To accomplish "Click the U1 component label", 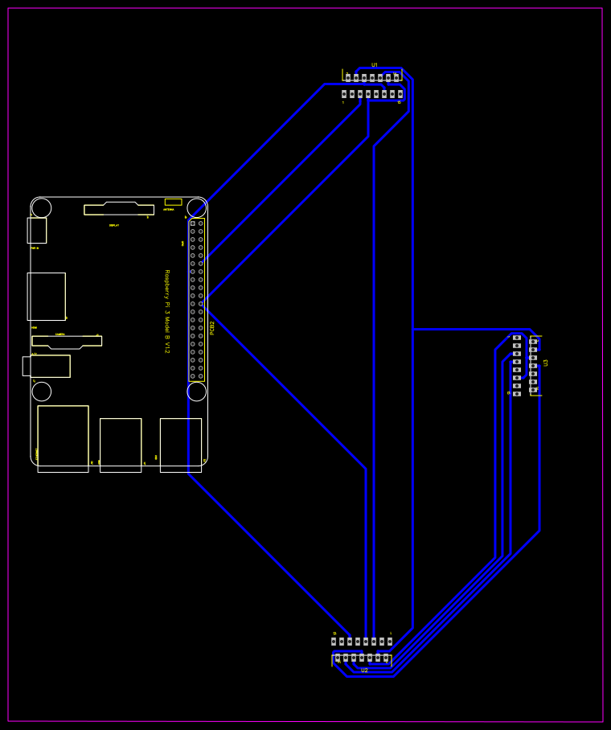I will [375, 65].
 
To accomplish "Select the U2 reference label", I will [364, 671].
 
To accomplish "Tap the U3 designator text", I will [546, 363].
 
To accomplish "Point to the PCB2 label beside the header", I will [212, 327].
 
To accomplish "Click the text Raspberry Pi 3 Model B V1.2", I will [167, 311].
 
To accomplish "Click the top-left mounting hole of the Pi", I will [42, 207].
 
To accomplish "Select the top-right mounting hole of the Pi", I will [197, 207].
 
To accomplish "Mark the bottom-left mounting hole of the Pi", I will [42, 392].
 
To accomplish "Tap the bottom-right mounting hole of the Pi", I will [197, 392].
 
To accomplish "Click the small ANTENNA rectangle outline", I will [173, 202].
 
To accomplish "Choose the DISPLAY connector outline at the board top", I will [119, 209].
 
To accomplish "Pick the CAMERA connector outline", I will [67, 342].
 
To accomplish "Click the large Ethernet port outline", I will [63, 438].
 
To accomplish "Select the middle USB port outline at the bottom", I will [121, 445].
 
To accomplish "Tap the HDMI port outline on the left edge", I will [46, 296].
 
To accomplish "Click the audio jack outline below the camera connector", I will [47, 366].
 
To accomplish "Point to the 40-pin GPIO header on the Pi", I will [197, 299].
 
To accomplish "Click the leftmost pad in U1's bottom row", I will [344, 94].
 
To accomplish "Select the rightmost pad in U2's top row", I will [390, 642].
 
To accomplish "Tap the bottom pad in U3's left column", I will [517, 393].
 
